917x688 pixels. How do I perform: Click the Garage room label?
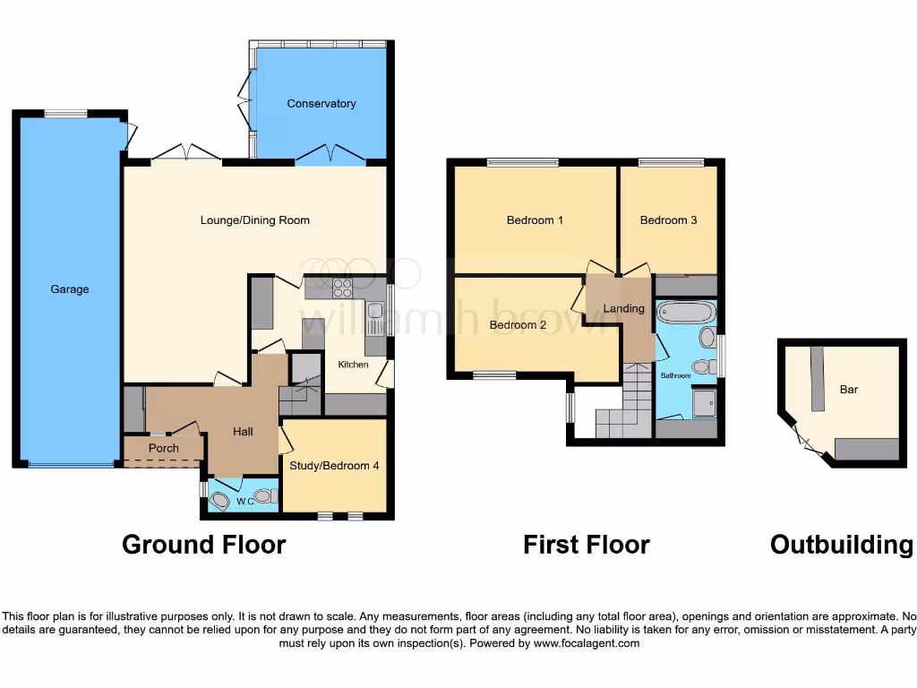[70, 289]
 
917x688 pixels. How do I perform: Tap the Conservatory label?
[321, 104]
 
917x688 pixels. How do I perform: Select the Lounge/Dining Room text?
[254, 220]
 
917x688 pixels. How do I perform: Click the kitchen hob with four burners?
[343, 288]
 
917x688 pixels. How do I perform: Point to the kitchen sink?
[375, 313]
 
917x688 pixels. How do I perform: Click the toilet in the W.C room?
[263, 495]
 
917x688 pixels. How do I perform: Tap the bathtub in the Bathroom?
[686, 312]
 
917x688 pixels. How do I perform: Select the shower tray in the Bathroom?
[704, 404]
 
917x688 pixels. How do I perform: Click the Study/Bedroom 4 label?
[334, 466]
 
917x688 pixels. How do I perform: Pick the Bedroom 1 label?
[535, 220]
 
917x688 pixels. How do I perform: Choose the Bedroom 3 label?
[668, 220]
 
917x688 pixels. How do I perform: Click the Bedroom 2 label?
[518, 325]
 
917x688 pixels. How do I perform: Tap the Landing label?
[623, 309]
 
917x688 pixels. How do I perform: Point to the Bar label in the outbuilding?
[849, 390]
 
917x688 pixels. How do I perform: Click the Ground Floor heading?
[203, 545]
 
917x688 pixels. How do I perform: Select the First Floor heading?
[587, 545]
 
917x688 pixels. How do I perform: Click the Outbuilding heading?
[841, 545]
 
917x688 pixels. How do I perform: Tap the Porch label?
[164, 448]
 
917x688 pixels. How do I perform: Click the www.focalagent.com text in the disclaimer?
[586, 643]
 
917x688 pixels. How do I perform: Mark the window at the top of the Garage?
[66, 113]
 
